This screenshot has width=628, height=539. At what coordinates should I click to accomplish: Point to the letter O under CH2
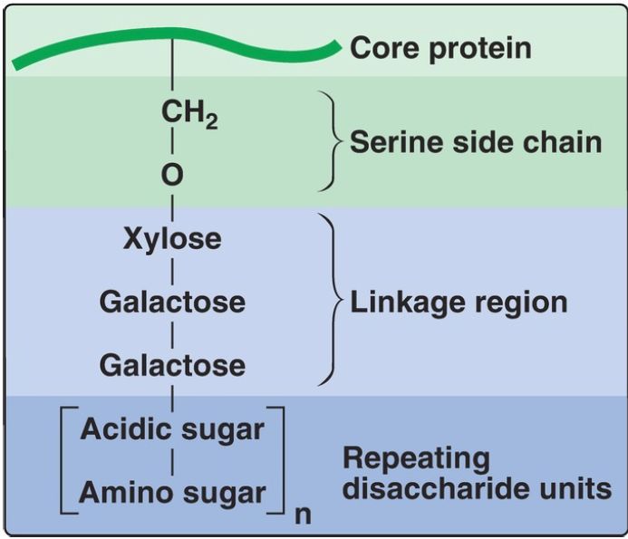[x=172, y=176]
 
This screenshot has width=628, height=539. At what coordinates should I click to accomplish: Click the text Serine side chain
[x=476, y=142]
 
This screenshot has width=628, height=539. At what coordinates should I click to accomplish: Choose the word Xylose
[x=172, y=239]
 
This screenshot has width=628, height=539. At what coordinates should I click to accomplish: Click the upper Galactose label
[x=172, y=302]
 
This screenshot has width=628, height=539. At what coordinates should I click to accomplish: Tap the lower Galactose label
[x=172, y=365]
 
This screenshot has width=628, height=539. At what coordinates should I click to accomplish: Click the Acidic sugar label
[x=172, y=428]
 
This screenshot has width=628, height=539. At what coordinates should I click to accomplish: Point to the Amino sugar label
[x=172, y=493]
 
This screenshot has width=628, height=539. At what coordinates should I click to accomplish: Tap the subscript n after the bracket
[x=303, y=517]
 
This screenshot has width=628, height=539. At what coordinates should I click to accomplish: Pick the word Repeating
[x=416, y=458]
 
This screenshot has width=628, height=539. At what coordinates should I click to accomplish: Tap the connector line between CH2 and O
[x=172, y=146]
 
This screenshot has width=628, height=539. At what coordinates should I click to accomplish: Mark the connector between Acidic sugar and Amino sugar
[x=172, y=461]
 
